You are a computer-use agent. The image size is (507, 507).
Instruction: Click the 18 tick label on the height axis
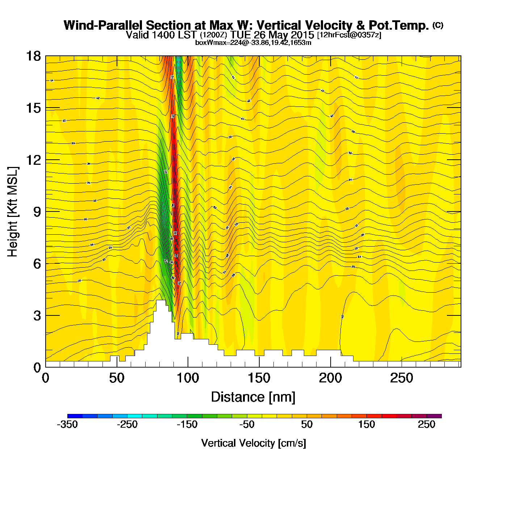33,56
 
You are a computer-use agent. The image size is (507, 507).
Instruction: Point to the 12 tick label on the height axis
33,160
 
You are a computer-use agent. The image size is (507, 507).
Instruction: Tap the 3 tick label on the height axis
37,315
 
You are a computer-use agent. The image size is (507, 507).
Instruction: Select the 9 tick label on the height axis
37,212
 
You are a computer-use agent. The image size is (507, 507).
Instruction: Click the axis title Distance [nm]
253,397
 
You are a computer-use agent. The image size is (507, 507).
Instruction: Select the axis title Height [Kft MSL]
13,212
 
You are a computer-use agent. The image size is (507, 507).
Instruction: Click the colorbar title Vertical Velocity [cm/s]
253,443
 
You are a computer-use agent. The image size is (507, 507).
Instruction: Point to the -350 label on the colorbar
67,424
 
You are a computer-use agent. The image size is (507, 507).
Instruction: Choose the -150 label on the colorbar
187,424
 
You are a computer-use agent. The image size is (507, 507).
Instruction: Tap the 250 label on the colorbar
427,424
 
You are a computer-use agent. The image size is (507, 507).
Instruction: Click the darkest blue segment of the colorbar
75,416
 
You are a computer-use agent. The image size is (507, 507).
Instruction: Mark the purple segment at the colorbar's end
434,416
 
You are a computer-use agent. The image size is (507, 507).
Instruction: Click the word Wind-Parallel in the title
104,25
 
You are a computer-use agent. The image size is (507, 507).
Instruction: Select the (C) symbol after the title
438,25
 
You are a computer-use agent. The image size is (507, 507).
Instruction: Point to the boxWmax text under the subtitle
253,42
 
